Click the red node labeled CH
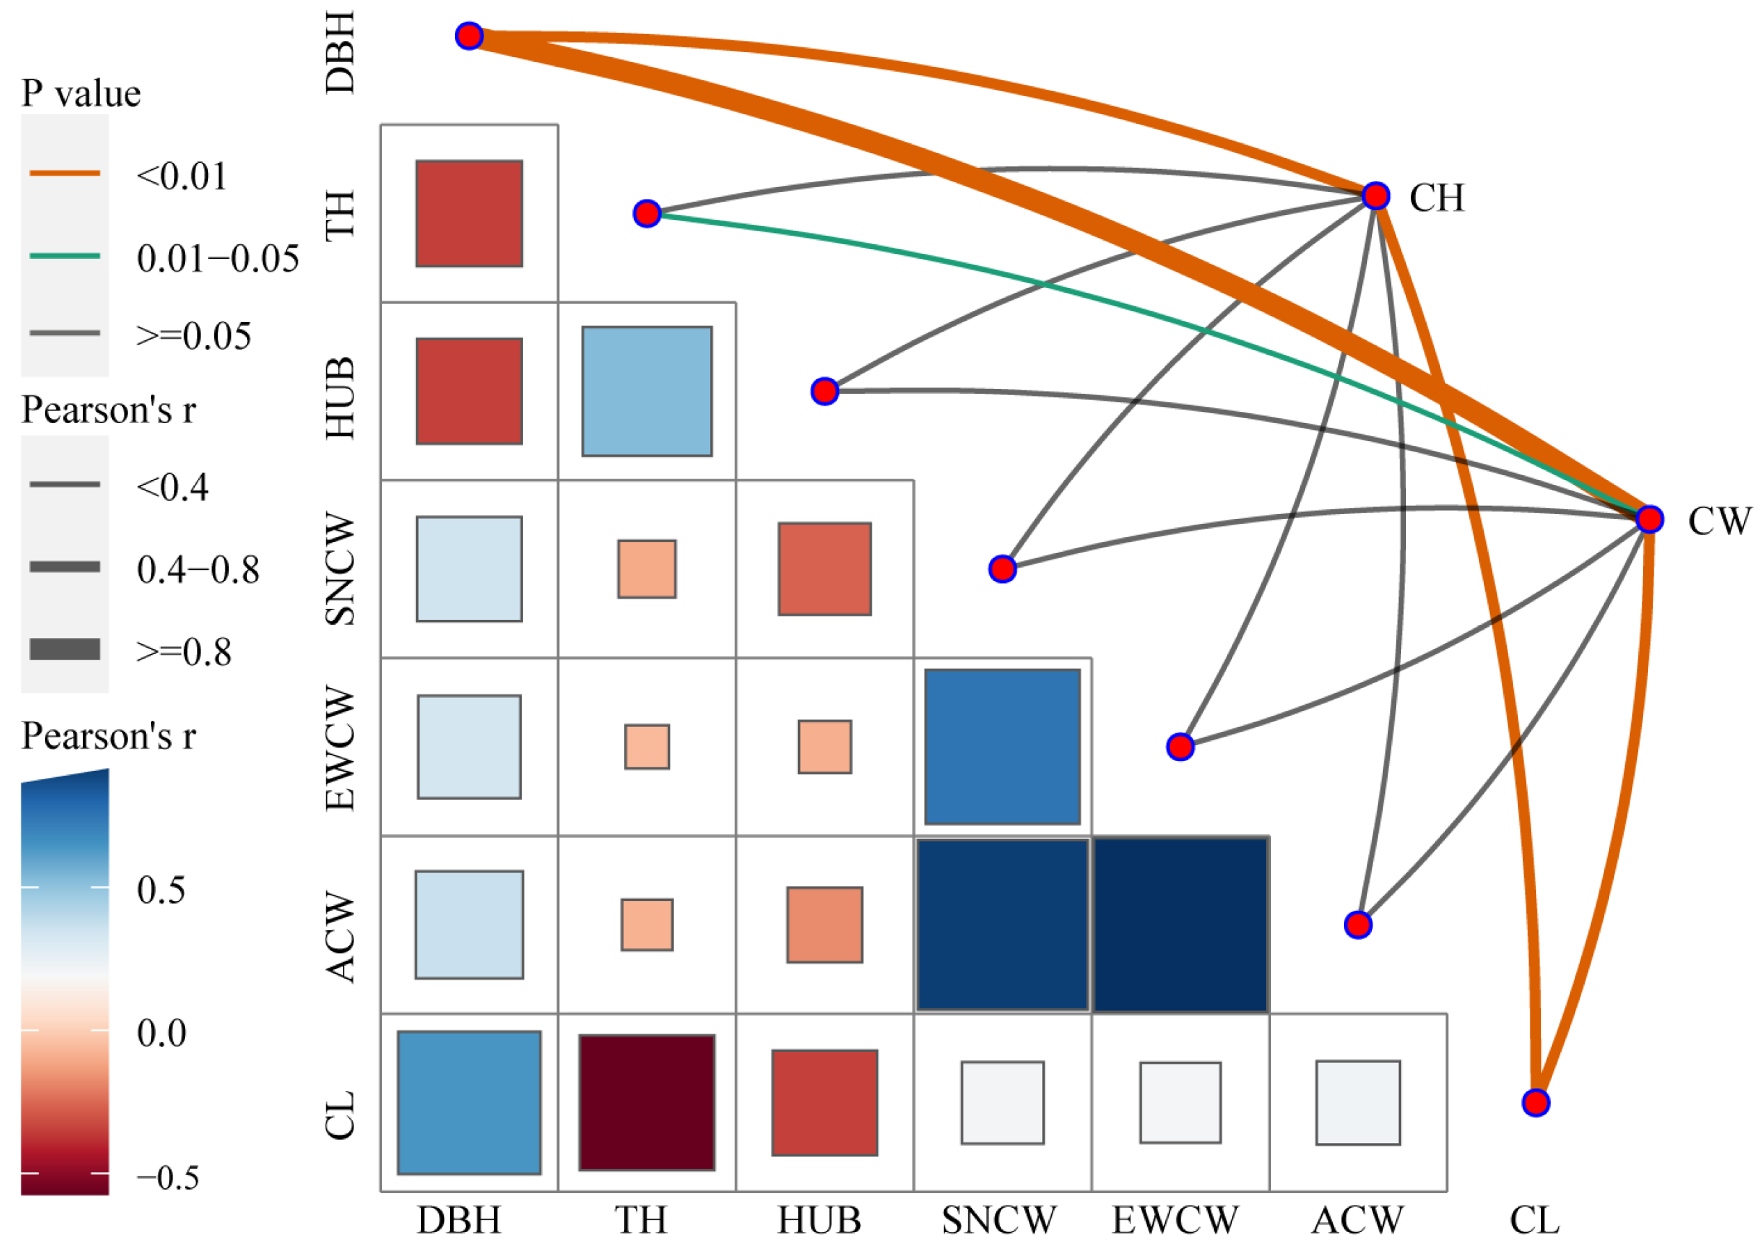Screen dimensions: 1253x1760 tap(1375, 196)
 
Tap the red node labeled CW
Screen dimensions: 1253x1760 tap(1649, 519)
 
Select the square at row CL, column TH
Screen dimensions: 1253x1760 tap(646, 1102)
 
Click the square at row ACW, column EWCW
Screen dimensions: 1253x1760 tap(1179, 925)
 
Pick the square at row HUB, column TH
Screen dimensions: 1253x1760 tap(646, 391)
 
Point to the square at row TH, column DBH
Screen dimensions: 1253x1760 tap(469, 214)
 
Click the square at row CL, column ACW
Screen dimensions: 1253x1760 tap(1357, 1102)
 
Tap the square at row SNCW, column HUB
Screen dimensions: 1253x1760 tap(824, 568)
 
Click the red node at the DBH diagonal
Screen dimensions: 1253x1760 tap(469, 36)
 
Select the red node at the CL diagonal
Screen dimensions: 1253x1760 tap(1535, 1103)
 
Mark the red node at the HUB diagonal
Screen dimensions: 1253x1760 tap(824, 391)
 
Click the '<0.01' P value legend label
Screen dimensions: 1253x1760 tap(182, 176)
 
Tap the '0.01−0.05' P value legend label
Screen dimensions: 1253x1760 tap(218, 259)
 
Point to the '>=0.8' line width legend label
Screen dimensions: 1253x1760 tap(184, 652)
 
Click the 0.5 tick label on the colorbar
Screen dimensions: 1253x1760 tap(161, 890)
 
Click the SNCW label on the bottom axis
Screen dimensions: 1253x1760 tap(999, 1220)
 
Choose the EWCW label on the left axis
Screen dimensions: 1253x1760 tap(340, 748)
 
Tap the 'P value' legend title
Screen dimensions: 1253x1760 tap(81, 93)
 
